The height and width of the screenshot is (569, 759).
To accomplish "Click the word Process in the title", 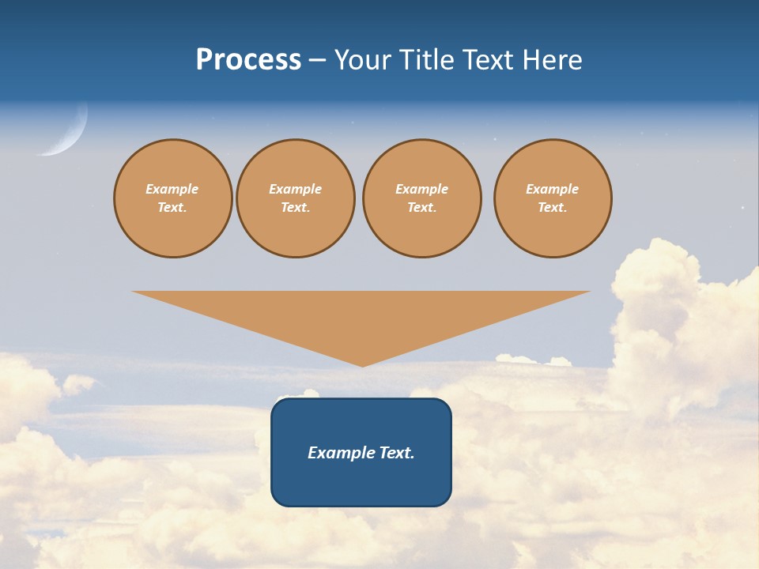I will pyautogui.click(x=248, y=60).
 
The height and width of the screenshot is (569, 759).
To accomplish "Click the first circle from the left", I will pyautogui.click(x=172, y=198).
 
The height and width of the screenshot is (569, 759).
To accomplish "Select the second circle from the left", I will pyautogui.click(x=295, y=198).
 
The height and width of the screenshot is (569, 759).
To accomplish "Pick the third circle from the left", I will pyautogui.click(x=421, y=198).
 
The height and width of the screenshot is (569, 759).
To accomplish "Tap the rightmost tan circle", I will pyautogui.click(x=552, y=198).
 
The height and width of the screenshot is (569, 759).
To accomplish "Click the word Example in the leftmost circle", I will pyautogui.click(x=172, y=189).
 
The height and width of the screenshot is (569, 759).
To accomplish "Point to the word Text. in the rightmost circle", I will pyautogui.click(x=552, y=208).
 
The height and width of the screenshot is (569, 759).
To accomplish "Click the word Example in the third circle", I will pyautogui.click(x=421, y=189).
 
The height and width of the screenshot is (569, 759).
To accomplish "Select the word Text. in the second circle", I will pyautogui.click(x=295, y=208).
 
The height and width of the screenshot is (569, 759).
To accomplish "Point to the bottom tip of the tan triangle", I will pyautogui.click(x=362, y=365).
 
